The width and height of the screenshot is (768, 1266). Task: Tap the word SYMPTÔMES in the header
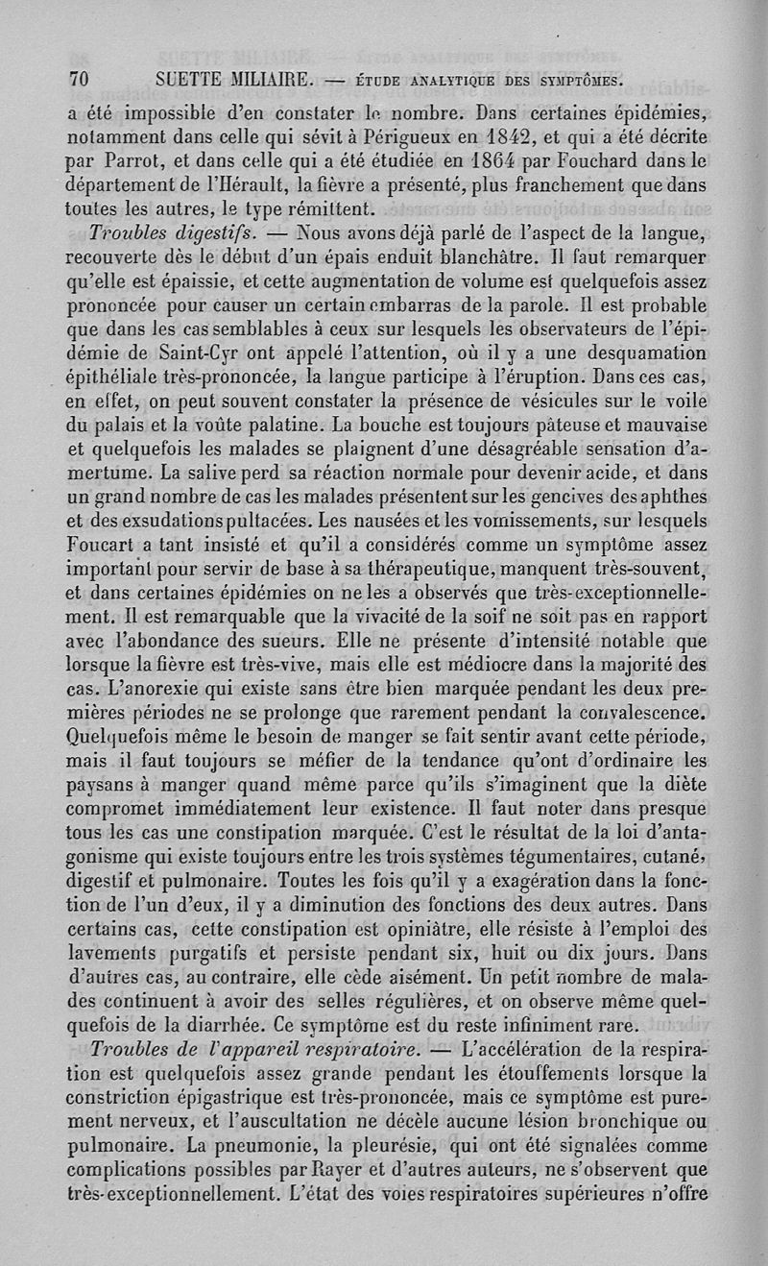pos(575,79)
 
